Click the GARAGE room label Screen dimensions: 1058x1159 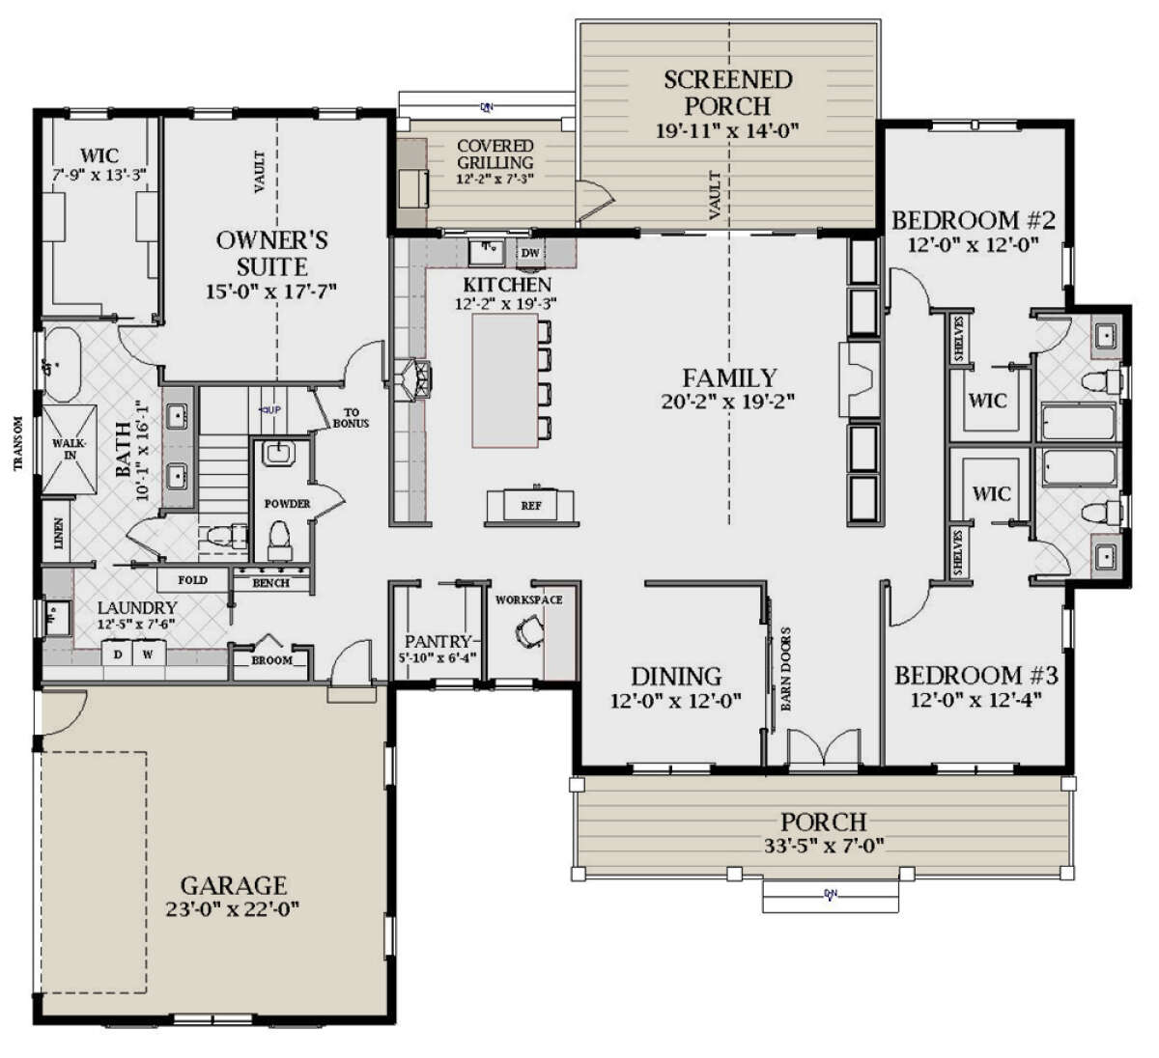(x=234, y=885)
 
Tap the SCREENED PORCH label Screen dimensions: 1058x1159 (x=727, y=93)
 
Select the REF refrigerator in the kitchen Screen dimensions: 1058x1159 (x=531, y=505)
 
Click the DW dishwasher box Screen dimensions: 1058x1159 (x=530, y=253)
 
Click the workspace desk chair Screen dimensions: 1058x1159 (x=530, y=631)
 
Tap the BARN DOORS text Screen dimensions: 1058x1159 (x=786, y=670)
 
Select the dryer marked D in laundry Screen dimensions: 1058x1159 (x=119, y=654)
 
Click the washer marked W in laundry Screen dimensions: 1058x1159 (x=149, y=654)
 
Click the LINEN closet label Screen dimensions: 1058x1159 (x=59, y=533)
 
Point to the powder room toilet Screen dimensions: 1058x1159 (x=279, y=538)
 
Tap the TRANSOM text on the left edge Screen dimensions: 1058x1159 (x=18, y=443)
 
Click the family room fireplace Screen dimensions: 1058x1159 (x=862, y=366)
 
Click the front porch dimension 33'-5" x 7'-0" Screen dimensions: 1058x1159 (x=823, y=847)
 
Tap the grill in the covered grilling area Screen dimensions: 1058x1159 (x=414, y=186)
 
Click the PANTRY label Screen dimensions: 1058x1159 (x=437, y=642)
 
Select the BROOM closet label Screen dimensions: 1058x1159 (x=271, y=660)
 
